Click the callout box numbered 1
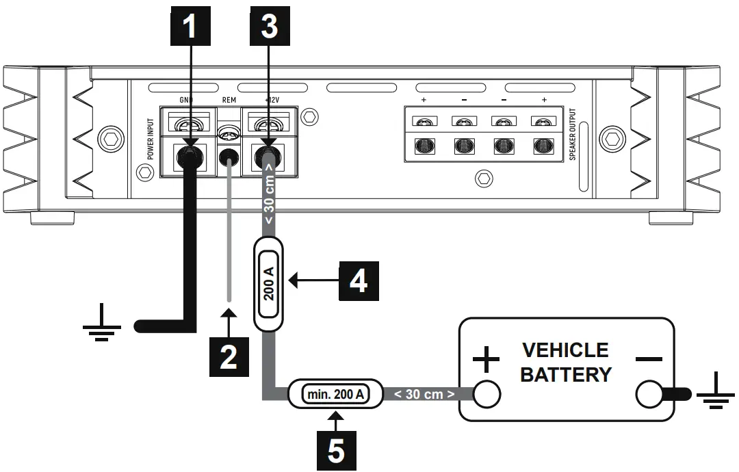(x=191, y=27)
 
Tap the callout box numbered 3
(x=268, y=27)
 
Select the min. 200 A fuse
(x=335, y=394)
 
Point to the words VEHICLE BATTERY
(x=565, y=363)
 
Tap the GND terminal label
(x=187, y=100)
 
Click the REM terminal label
(x=229, y=100)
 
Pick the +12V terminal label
(x=272, y=100)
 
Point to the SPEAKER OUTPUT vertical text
(x=573, y=134)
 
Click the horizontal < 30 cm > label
(x=424, y=395)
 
